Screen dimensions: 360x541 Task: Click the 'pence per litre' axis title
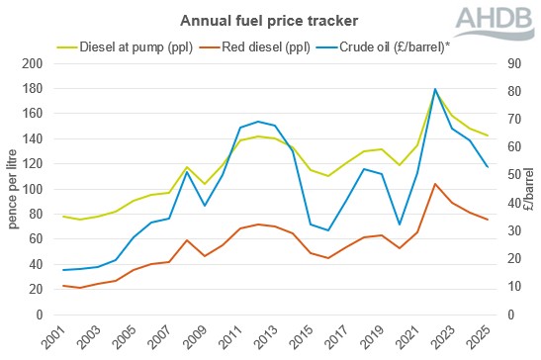(x=13, y=189)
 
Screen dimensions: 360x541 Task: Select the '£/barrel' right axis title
(x=532, y=189)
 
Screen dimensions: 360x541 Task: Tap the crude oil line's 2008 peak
(x=188, y=172)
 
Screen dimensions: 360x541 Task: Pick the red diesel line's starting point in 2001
(x=64, y=286)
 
